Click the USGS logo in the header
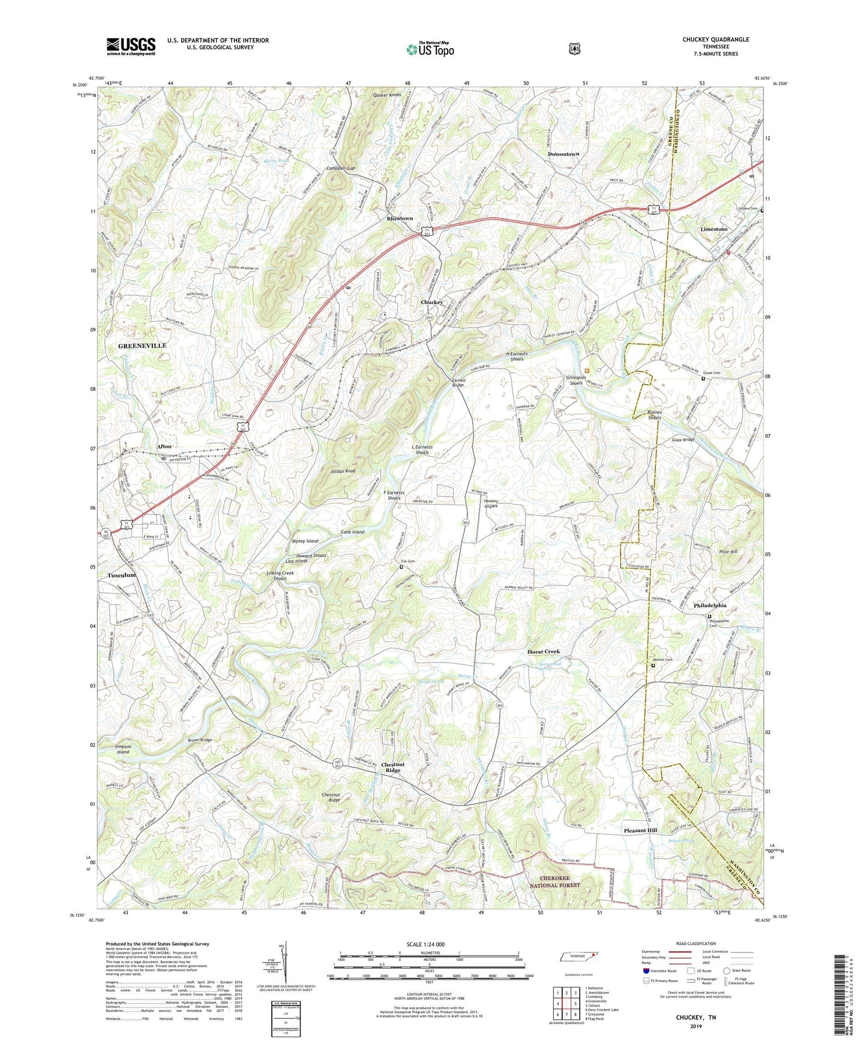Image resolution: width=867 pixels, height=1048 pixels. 131,46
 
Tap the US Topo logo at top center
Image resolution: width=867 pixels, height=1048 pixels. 429,49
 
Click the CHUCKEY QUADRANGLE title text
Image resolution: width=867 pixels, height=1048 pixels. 715,40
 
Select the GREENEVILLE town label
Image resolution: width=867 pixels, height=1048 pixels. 142,346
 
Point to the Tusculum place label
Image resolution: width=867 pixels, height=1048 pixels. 121,575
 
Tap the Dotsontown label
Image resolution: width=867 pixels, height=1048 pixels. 563,154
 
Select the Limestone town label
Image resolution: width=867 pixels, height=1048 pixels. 713,229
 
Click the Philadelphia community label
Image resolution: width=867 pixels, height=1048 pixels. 710,606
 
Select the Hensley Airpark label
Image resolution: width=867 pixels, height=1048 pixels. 495,504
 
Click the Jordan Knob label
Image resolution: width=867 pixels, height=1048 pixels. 343,471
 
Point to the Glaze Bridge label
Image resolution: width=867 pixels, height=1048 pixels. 683,440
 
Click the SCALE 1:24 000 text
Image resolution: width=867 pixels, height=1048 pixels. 425,944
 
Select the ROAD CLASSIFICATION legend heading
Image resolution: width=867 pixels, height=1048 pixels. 696,944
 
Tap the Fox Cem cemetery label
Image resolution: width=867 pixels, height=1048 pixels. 408,561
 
